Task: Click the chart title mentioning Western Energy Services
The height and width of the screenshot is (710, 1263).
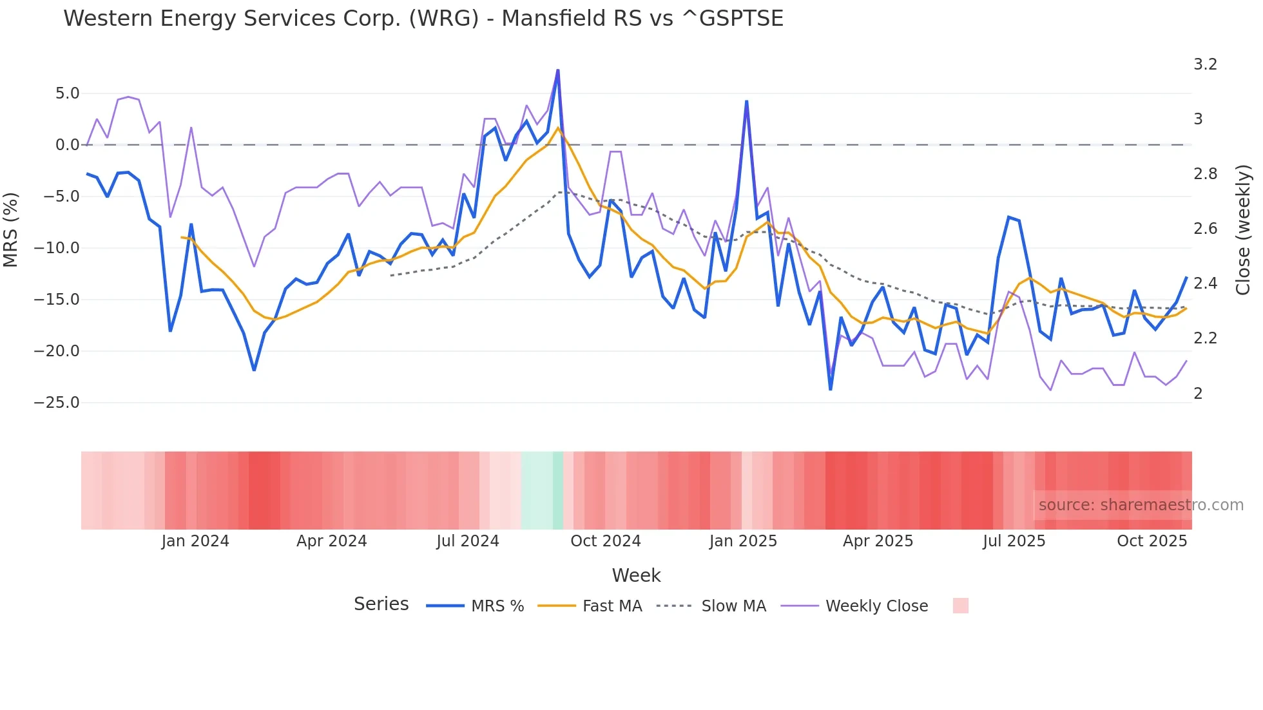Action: pos(423,19)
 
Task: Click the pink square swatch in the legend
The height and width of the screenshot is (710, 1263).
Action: pos(960,606)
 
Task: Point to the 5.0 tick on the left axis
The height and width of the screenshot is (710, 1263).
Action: pos(67,93)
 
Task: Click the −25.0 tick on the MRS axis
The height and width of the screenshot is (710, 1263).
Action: pos(57,403)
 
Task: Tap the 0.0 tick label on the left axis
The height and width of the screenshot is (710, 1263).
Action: pos(67,145)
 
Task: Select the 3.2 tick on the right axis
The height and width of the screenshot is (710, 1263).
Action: pos(1205,64)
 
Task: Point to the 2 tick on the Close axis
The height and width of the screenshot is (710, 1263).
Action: pos(1198,393)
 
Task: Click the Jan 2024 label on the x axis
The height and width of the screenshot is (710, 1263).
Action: pos(195,541)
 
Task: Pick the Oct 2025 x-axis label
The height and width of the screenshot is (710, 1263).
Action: pos(1152,541)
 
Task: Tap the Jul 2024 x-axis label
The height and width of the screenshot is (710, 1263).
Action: pos(468,541)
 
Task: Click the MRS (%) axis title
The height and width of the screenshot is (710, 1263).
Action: pos(11,230)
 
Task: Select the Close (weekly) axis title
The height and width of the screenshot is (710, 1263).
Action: pos(1243,230)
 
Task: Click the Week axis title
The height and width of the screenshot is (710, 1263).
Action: pos(636,575)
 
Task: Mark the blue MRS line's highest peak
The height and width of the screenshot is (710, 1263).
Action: pos(558,70)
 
